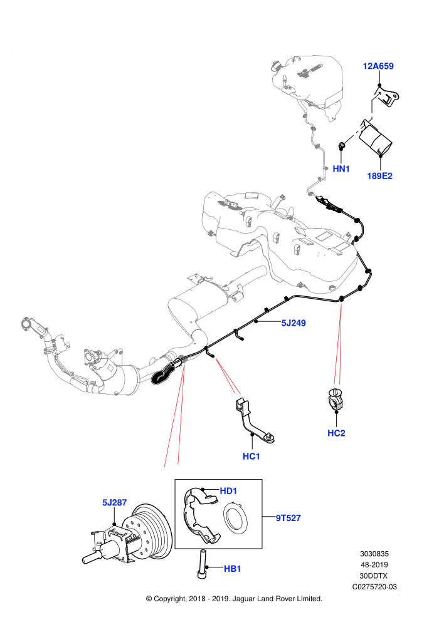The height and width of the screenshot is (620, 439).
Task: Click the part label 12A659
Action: (x=378, y=66)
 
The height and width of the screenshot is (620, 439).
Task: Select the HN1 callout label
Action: (x=341, y=169)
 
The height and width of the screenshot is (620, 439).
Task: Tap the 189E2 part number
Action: (x=379, y=175)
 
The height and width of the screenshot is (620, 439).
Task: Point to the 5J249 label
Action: (x=294, y=323)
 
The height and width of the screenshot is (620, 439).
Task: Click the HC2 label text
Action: (x=336, y=433)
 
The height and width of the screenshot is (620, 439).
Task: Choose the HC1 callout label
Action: (x=251, y=457)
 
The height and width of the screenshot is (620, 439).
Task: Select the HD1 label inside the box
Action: (x=228, y=491)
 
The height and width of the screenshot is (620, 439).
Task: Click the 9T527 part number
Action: (x=288, y=517)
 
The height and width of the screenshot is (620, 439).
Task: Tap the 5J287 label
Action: (x=114, y=502)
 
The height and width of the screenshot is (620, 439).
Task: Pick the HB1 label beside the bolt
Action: (x=233, y=569)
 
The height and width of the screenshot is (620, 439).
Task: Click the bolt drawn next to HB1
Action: (x=203, y=565)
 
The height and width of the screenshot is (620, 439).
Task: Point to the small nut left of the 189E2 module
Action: (x=342, y=147)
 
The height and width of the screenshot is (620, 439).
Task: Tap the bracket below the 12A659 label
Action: (x=387, y=96)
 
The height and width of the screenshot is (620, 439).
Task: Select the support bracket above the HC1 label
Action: (x=253, y=421)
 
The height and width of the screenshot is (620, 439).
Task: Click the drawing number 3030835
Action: (x=374, y=554)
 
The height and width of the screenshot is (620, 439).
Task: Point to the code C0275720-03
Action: (x=374, y=587)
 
